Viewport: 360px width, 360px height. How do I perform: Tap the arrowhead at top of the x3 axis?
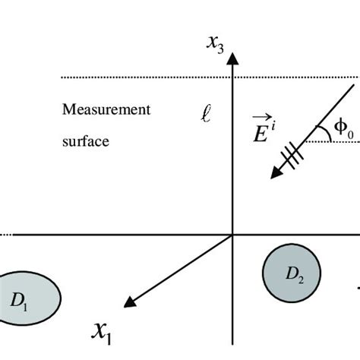click(x=233, y=58)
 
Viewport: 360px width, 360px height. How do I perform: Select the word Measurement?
click(x=106, y=109)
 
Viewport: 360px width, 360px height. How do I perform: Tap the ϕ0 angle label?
click(x=344, y=130)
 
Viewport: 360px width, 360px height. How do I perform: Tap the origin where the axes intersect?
click(x=233, y=235)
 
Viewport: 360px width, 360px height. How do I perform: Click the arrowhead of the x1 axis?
click(x=130, y=303)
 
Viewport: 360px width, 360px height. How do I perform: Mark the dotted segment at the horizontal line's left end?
click(x=4, y=235)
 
